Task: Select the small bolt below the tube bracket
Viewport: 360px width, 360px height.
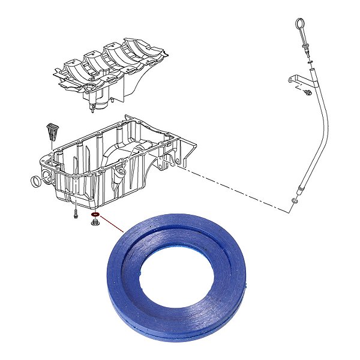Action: click(x=307, y=92)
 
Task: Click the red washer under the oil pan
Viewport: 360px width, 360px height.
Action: click(x=94, y=214)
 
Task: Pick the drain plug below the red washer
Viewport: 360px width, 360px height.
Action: click(x=94, y=223)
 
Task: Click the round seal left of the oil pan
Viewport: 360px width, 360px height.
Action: click(x=37, y=181)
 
